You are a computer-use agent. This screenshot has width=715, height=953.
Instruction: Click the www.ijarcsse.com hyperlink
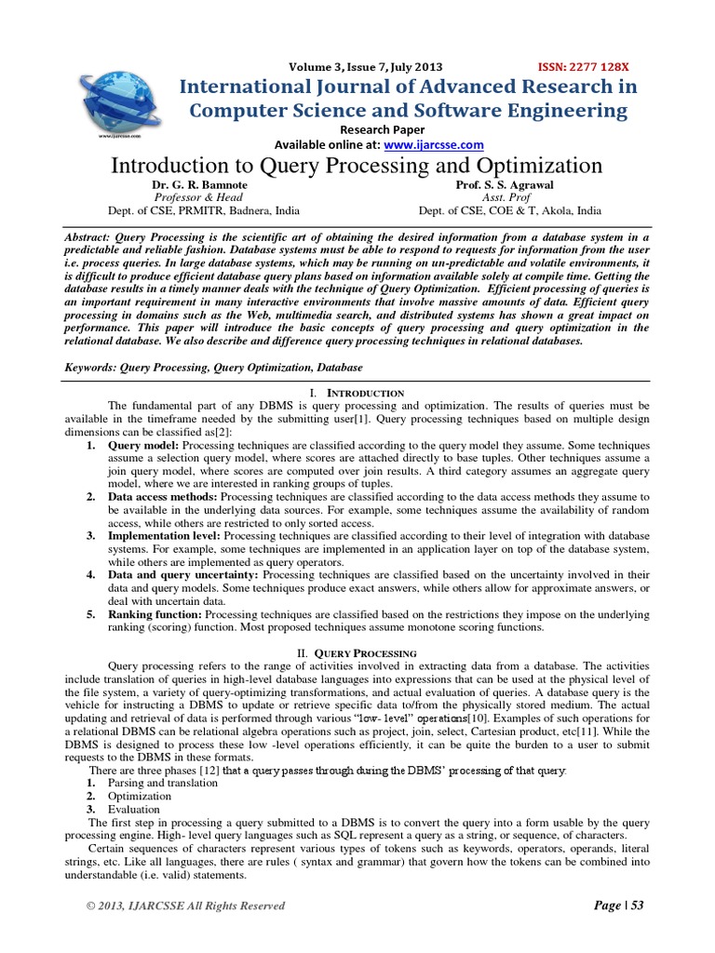click(433, 145)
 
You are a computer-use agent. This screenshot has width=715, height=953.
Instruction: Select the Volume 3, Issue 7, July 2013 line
click(366, 67)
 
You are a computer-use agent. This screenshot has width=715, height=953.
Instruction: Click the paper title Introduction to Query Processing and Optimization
click(357, 166)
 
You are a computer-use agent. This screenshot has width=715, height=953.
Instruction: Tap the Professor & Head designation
click(198, 197)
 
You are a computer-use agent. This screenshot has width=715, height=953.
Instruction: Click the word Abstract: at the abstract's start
click(91, 237)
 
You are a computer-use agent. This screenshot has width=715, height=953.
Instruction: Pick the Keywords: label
click(91, 368)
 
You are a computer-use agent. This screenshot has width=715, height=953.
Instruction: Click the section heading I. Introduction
click(357, 394)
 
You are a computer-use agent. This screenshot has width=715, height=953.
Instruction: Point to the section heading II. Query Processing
click(357, 654)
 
